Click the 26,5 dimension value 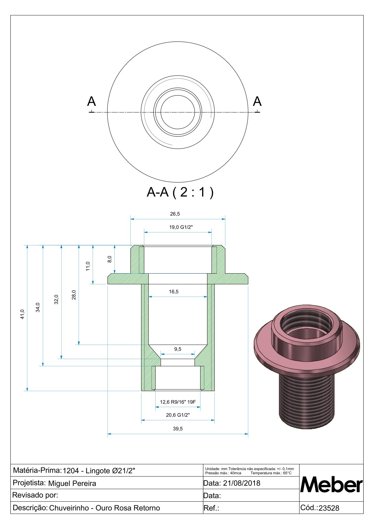[175, 214]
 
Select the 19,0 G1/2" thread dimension [181, 227]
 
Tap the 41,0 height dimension [22, 314]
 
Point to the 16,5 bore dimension [174, 292]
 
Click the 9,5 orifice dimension [178, 349]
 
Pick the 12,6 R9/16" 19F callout [178, 402]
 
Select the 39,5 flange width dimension [178, 428]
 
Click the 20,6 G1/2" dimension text [178, 415]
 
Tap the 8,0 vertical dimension [109, 259]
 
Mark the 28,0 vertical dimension [74, 295]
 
